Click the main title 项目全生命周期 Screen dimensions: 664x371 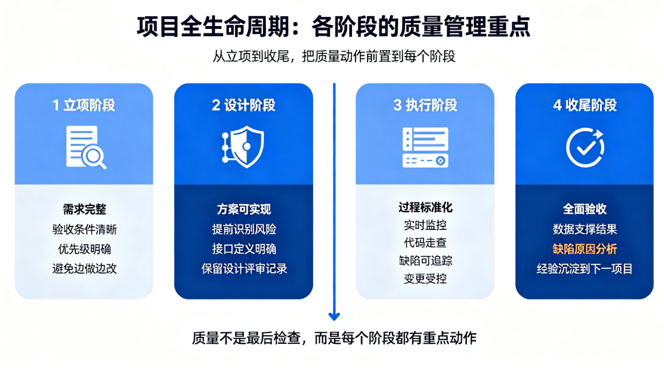(213, 27)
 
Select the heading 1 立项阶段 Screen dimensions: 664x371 (84, 105)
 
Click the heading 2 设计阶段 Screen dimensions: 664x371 (243, 105)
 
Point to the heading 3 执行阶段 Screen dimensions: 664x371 (425, 105)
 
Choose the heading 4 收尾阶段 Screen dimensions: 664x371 (585, 105)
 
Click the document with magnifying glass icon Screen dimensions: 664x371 (86, 147)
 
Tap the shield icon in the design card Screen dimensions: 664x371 (243, 147)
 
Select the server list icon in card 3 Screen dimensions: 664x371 (425, 147)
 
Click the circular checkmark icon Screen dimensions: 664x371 (585, 147)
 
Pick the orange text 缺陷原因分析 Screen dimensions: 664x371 (585, 249)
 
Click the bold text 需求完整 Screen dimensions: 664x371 (84, 209)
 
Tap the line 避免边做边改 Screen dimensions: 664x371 (84, 269)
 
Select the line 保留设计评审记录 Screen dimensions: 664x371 (244, 269)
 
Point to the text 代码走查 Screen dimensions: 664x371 (425, 243)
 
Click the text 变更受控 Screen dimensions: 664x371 (425, 279)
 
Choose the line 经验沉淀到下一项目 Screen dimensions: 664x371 (585, 269)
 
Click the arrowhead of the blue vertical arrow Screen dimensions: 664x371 (334, 316)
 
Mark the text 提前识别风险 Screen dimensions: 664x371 (244, 229)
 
